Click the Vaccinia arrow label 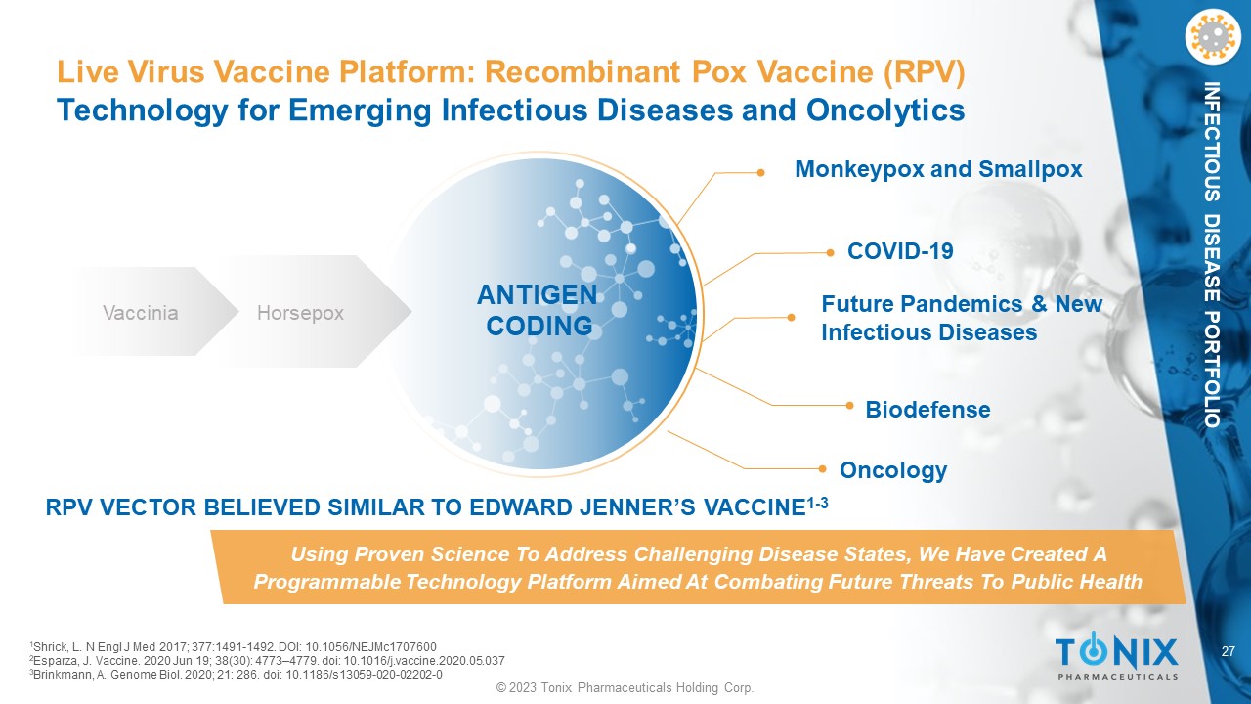pos(141,312)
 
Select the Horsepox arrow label pos(300,313)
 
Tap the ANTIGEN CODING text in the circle pos(538,310)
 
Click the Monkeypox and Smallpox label pos(938,169)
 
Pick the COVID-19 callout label pos(900,251)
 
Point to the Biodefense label pos(927,410)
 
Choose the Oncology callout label pos(893,470)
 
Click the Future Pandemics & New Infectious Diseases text pos(962,318)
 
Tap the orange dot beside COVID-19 pos(830,253)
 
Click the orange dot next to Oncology pos(822,468)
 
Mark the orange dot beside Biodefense pos(849,406)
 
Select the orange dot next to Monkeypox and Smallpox pos(760,173)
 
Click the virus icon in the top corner pos(1212,36)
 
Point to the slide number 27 pos(1229,651)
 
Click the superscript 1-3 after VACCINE pos(817,503)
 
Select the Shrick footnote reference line pos(233,647)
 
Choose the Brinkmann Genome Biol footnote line pos(236,675)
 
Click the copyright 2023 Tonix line pos(625,687)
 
